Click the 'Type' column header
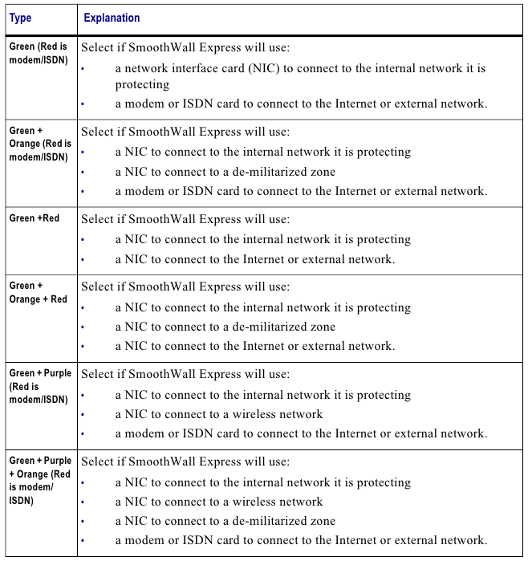pos(21,18)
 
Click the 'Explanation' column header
pos(112,18)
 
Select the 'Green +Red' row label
pos(35,218)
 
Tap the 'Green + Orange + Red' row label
pos(38,292)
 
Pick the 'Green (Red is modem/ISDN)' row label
pos(39,53)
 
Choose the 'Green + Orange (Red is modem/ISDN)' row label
pos(40,144)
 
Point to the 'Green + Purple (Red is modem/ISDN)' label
pos(40,386)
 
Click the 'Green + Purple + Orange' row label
pos(40,480)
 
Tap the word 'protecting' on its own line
pos(142,84)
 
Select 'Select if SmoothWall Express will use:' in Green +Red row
pos(185,219)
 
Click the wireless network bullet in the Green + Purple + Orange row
pos(219,502)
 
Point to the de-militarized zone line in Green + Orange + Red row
pos(225,327)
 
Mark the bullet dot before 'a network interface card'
pos(83,69)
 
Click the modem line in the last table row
pos(301,540)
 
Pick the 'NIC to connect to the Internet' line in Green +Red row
pos(254,258)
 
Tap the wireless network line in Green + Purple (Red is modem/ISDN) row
pos(219,414)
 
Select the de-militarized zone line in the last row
pos(225,521)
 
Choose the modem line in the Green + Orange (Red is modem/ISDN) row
pos(301,191)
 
